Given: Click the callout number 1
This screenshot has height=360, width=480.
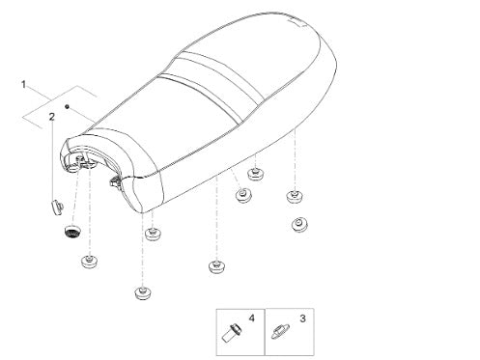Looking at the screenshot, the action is click(x=23, y=85).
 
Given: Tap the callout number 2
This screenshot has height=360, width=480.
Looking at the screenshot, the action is click(x=52, y=117).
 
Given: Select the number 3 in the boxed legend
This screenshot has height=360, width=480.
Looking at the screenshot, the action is click(x=302, y=318).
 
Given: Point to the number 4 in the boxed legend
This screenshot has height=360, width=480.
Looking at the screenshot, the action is click(x=251, y=318).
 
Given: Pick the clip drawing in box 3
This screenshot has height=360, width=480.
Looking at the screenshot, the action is click(x=280, y=332).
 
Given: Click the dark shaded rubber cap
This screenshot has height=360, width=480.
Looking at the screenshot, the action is click(x=72, y=232).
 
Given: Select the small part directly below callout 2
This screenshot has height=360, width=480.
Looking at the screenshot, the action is click(x=57, y=207).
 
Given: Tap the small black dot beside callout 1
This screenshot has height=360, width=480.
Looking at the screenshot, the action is click(x=67, y=106).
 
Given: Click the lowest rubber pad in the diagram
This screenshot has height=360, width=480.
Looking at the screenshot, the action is click(x=143, y=293).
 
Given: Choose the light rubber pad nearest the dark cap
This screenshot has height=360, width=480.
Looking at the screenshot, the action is click(x=90, y=262).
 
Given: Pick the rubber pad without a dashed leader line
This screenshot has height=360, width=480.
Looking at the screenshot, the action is click(x=299, y=224).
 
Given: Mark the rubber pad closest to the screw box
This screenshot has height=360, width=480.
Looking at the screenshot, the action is click(x=216, y=266).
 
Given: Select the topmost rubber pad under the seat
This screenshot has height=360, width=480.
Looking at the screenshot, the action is click(x=256, y=174).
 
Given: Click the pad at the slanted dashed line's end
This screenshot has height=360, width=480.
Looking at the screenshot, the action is click(x=243, y=195).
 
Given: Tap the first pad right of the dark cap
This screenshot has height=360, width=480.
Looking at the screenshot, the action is click(x=154, y=234).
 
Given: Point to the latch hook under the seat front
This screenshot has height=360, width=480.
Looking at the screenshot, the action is click(x=116, y=181).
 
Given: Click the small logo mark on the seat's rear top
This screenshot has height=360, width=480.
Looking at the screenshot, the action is click(x=296, y=21).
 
